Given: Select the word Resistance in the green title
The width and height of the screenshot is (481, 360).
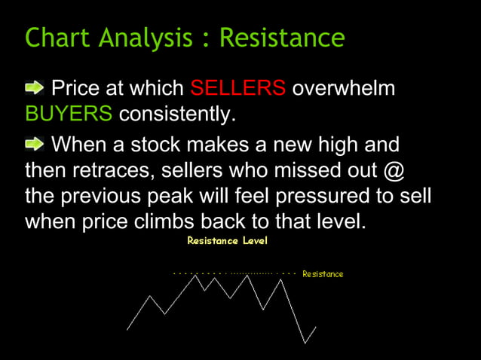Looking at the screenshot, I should [x=282, y=37].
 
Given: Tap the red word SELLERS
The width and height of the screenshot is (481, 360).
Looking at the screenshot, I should [x=237, y=88].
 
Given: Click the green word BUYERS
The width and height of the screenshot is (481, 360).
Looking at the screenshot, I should [x=69, y=115].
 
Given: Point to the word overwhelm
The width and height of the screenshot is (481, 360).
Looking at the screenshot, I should [x=343, y=88].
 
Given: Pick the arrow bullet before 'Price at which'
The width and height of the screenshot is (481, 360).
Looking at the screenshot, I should [x=35, y=89].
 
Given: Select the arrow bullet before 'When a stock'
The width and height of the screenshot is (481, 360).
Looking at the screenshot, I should [x=35, y=143].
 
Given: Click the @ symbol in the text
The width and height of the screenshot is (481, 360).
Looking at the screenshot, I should [x=394, y=170].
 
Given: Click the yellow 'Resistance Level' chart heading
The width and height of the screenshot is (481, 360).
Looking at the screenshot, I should [x=227, y=241].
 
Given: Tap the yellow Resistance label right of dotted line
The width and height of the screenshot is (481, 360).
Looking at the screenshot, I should [x=323, y=274].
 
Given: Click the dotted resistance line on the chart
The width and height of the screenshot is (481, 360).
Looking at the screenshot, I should [x=234, y=274].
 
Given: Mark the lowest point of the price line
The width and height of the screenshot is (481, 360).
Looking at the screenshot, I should [x=305, y=343].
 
